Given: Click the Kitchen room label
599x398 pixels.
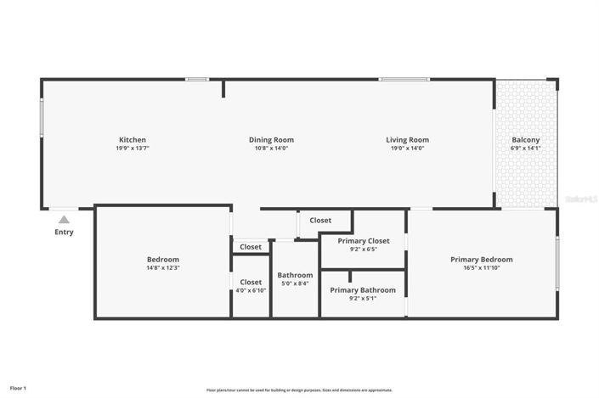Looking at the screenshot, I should point(133,140).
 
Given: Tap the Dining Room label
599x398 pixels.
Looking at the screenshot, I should point(271,140).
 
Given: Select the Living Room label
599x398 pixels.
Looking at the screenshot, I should point(407,140).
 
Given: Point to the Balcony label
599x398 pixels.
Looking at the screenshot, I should point(525,140).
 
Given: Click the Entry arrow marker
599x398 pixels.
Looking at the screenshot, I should point(64,220).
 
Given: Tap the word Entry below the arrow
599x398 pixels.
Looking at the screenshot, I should point(64,233).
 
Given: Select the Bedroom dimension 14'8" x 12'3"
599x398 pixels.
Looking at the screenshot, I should point(162,267).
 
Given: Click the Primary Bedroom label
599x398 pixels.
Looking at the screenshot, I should point(481,260).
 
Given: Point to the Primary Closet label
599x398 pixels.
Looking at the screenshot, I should point(363,241).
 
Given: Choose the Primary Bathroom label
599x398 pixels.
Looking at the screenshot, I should point(363,289).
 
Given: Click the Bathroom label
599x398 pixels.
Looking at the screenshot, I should point(295,275).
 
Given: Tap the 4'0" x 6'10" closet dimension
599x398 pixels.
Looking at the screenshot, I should point(251,290).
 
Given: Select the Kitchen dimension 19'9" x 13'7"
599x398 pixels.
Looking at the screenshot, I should point(133,149).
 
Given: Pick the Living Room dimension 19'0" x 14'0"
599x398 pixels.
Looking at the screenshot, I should point(407,149).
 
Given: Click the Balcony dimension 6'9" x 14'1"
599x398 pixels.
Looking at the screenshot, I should point(525,149).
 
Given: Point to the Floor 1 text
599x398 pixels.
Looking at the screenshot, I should point(18,389).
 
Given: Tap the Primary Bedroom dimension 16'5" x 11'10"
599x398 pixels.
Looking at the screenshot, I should point(481,268).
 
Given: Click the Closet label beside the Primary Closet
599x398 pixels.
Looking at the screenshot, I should point(320,221).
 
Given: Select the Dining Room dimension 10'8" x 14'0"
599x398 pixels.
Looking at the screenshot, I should point(271,149).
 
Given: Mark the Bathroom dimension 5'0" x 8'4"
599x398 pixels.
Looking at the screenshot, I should point(295,283).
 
